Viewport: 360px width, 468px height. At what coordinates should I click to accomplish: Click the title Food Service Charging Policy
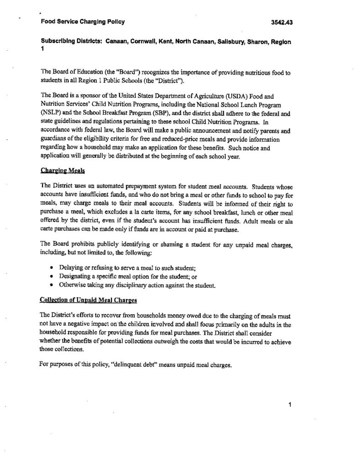tap(82, 21)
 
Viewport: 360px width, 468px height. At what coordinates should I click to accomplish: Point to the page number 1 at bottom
tap(291, 404)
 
